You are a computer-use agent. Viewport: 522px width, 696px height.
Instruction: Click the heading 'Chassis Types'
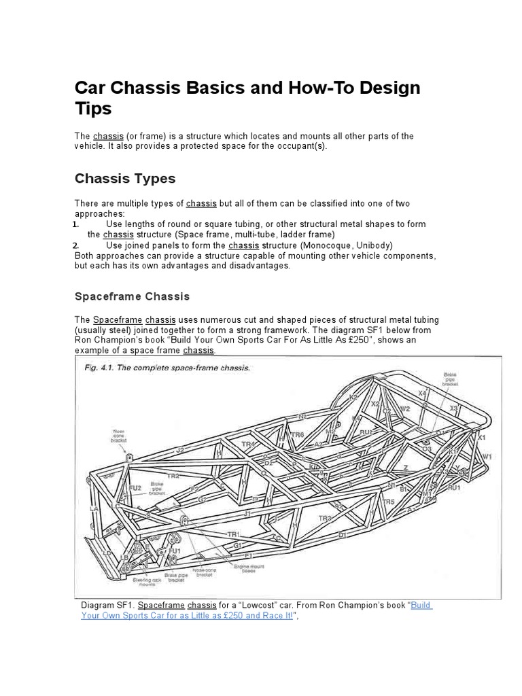tap(124, 179)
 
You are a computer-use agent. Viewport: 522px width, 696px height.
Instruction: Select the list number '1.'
tap(77, 224)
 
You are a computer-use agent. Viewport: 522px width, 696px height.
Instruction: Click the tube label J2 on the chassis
tap(179, 450)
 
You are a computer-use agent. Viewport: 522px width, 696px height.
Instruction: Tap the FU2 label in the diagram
tap(135, 488)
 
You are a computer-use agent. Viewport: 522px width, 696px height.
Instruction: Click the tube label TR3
tap(325, 518)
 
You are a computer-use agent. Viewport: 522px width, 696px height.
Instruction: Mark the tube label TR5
tap(388, 502)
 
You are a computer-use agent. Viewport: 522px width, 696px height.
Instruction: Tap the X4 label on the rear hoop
tap(422, 394)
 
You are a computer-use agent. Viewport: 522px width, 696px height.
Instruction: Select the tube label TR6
tap(297, 434)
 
